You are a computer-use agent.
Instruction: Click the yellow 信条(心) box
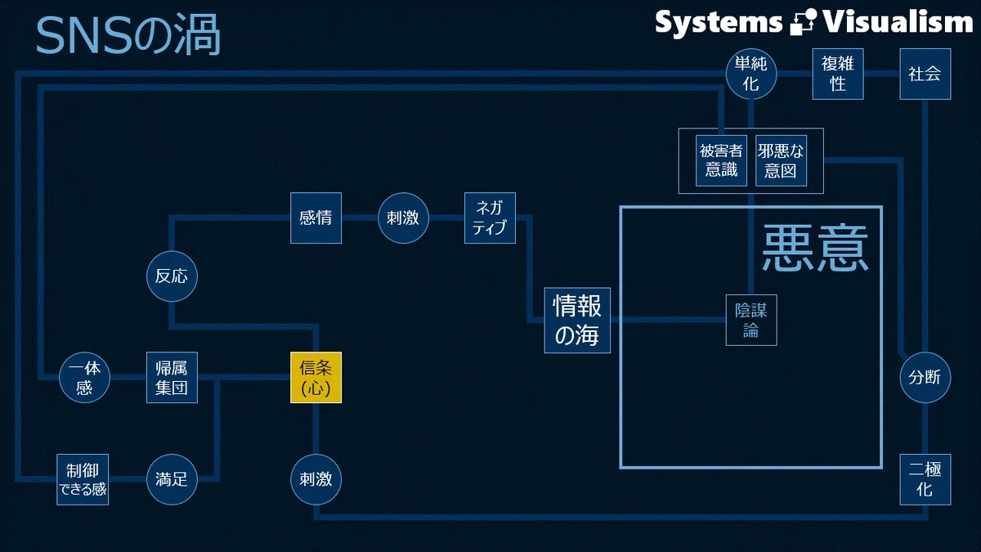316,377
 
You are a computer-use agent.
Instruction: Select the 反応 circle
172,276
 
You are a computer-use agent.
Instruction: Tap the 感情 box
316,218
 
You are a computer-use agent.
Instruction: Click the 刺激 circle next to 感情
403,218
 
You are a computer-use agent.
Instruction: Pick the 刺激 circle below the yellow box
316,479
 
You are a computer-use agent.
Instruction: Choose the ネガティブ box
490,218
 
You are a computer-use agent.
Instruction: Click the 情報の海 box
577,321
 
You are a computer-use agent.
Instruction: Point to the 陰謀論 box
751,321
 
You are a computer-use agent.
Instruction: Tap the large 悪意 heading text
815,248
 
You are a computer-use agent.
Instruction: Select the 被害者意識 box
721,161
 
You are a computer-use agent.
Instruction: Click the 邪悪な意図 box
781,161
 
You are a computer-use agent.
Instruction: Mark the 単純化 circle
751,74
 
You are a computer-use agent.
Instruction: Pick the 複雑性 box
838,74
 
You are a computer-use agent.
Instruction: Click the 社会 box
925,74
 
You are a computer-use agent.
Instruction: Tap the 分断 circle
925,377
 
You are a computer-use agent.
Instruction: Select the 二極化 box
925,479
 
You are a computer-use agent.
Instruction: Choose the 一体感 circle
84,377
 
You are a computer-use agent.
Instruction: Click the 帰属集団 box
172,377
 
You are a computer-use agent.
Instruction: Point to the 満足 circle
172,479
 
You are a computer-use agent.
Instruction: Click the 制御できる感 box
83,479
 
